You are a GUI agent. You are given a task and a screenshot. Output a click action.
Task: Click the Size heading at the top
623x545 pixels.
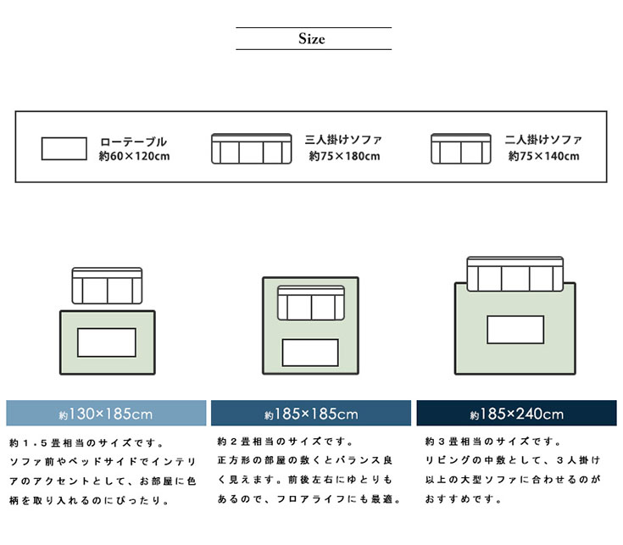tap(312, 39)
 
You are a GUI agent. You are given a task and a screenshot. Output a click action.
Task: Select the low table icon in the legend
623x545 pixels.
tap(64, 148)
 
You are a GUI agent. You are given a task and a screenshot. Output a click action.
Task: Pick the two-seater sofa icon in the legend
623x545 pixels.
tap(461, 148)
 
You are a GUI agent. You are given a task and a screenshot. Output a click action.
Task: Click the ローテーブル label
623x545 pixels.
tap(133, 142)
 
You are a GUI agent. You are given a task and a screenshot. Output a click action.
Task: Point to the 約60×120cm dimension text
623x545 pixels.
tap(134, 156)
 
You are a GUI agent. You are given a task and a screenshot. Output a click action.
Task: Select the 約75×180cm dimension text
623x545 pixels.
tap(344, 156)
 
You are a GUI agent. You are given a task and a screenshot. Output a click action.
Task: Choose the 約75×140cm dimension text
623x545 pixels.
tap(544, 156)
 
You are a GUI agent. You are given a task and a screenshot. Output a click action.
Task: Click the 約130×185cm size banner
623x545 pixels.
tap(106, 414)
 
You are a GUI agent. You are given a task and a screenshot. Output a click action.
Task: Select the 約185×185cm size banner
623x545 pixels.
tap(311, 414)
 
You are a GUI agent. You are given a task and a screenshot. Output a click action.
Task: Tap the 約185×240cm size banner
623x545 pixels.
tap(516, 414)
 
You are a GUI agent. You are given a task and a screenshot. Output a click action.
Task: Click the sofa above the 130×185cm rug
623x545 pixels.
tap(107, 286)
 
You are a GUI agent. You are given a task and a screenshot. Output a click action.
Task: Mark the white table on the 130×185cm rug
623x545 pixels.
tap(106, 342)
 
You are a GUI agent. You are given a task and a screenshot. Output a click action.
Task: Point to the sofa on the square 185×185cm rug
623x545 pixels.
tap(310, 304)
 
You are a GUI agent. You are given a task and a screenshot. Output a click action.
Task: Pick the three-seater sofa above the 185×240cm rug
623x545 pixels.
tap(515, 273)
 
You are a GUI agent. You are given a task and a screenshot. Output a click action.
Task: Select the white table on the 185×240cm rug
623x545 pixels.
tap(515, 330)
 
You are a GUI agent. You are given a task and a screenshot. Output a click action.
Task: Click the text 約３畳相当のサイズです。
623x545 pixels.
tap(492, 442)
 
